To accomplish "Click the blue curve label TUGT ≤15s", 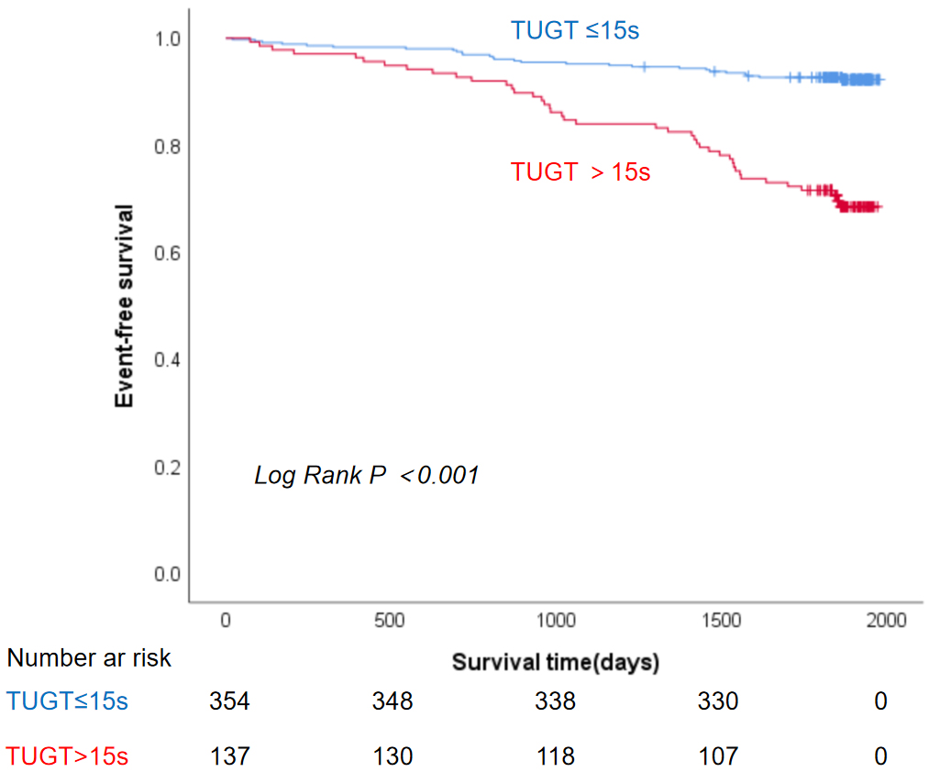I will [x=574, y=30].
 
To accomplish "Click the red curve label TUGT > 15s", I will [x=580, y=171].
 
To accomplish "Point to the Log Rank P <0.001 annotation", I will [x=366, y=476].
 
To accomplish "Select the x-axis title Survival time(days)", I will [x=556, y=662].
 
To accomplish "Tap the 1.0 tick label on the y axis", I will [x=168, y=39].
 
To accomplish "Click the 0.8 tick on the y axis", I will [x=168, y=147].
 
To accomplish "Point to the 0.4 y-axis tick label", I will [x=168, y=360].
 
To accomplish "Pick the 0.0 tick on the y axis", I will [x=168, y=575].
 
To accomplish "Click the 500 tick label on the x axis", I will [x=390, y=621].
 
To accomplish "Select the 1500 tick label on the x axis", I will [x=721, y=621].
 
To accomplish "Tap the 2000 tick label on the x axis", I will [x=886, y=621].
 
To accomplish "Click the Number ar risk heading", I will [x=89, y=657].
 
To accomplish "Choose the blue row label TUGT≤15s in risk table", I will [x=67, y=701].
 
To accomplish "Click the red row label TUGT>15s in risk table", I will [x=67, y=756].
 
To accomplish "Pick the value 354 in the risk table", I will [x=228, y=701].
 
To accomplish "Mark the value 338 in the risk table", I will [x=556, y=701].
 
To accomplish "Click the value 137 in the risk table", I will [x=228, y=756].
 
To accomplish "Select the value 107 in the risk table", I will [x=717, y=756].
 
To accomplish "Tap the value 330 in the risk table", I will [x=717, y=701].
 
